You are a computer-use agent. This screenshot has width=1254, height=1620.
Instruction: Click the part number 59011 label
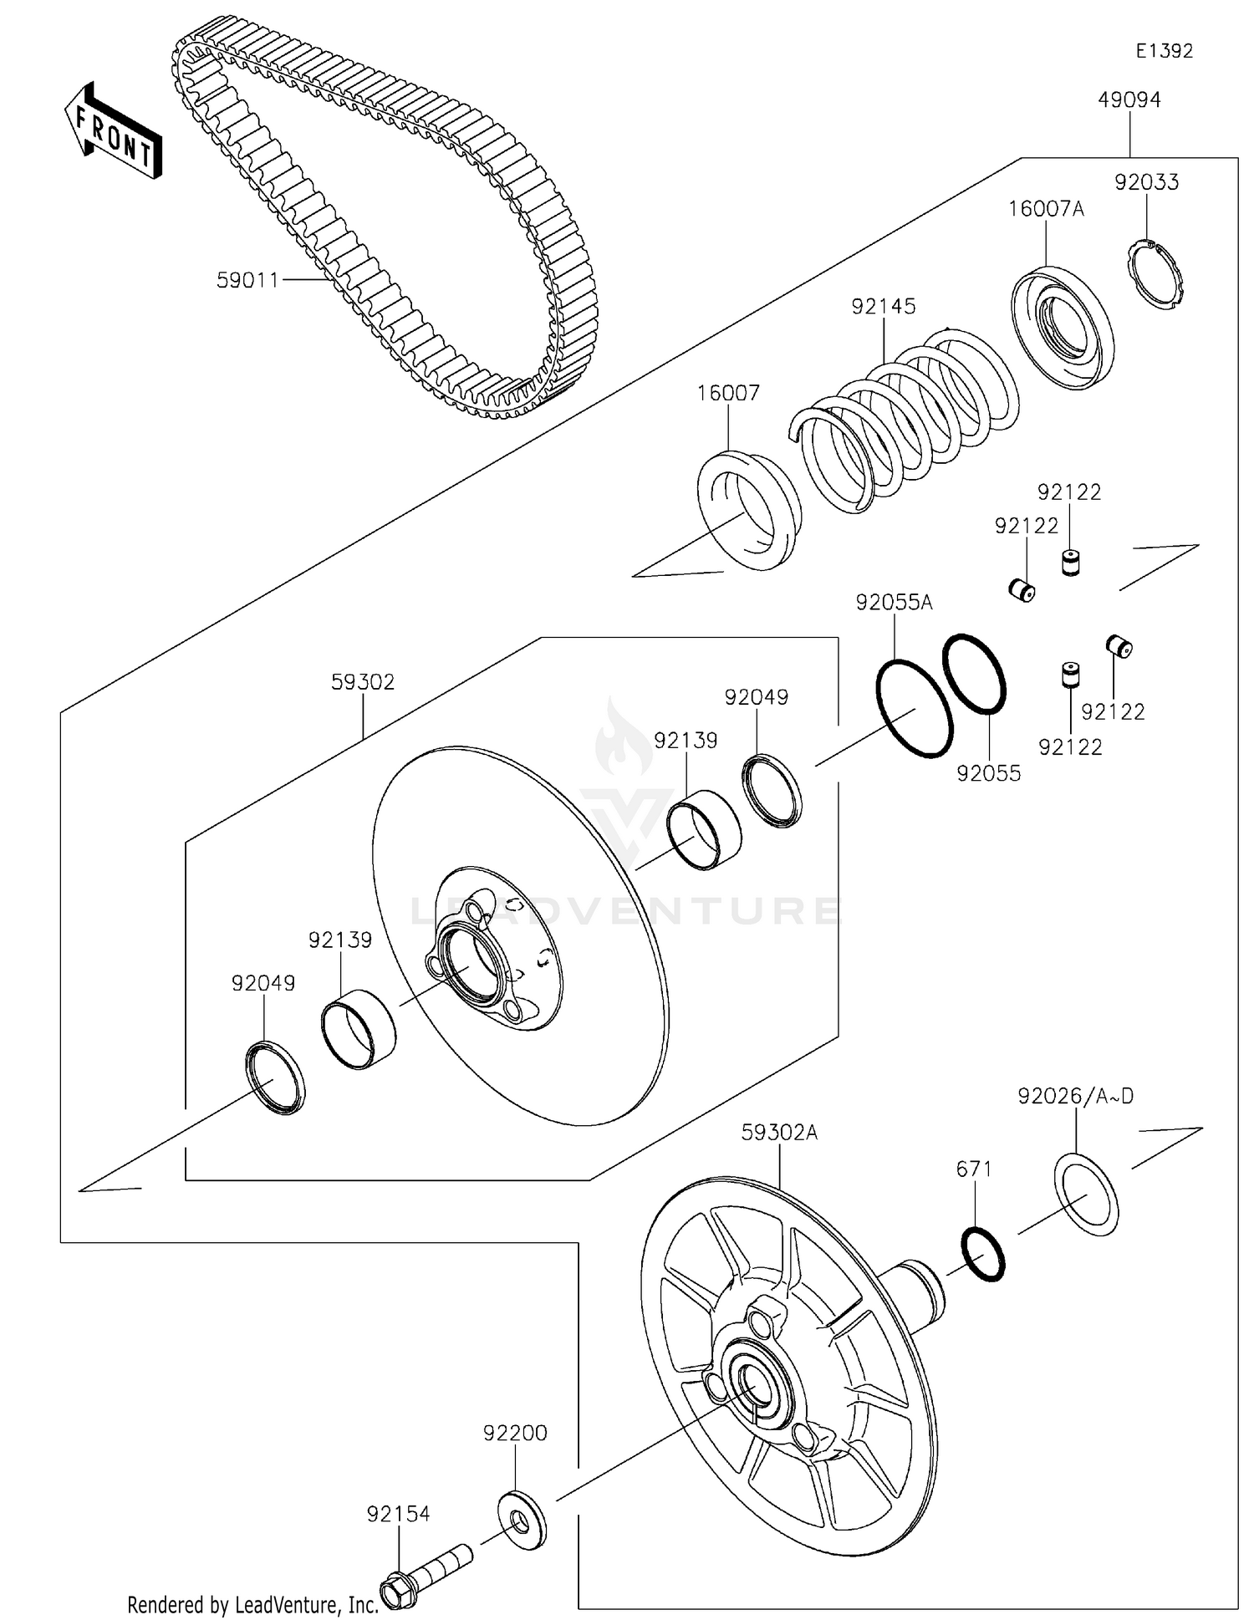tap(247, 281)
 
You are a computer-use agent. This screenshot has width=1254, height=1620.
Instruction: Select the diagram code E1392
tap(1164, 51)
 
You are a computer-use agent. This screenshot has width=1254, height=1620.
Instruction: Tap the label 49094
tap(1129, 100)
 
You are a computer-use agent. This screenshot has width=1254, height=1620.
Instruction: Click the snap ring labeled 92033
tap(1158, 275)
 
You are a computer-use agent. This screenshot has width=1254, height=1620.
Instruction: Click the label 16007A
tap(1046, 209)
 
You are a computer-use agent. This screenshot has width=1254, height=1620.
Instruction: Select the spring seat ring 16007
tap(749, 510)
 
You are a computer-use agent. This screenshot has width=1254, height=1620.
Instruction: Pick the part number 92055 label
tap(989, 774)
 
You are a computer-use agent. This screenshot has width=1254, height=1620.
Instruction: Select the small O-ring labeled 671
tap(983, 1254)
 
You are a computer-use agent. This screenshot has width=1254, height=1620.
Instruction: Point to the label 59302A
tap(779, 1133)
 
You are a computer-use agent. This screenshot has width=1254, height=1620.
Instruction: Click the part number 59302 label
tap(363, 682)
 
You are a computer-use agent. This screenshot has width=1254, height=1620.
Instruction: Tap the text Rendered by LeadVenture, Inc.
tap(252, 1604)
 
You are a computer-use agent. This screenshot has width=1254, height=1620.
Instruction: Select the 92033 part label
tap(1146, 182)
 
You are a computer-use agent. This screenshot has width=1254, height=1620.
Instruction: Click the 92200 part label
tap(515, 1433)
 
